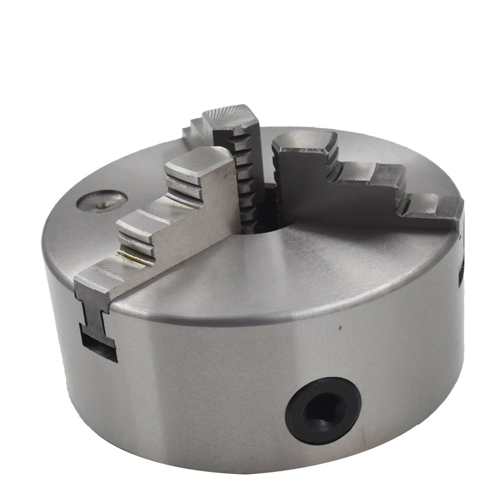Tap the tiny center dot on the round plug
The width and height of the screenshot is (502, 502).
click(102, 204)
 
